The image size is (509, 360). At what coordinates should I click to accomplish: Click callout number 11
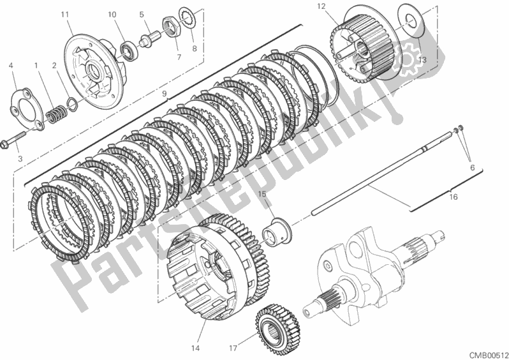click(x=64, y=14)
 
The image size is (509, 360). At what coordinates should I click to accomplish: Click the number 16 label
click(x=454, y=198)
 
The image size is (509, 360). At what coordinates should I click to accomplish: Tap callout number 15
click(x=262, y=193)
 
